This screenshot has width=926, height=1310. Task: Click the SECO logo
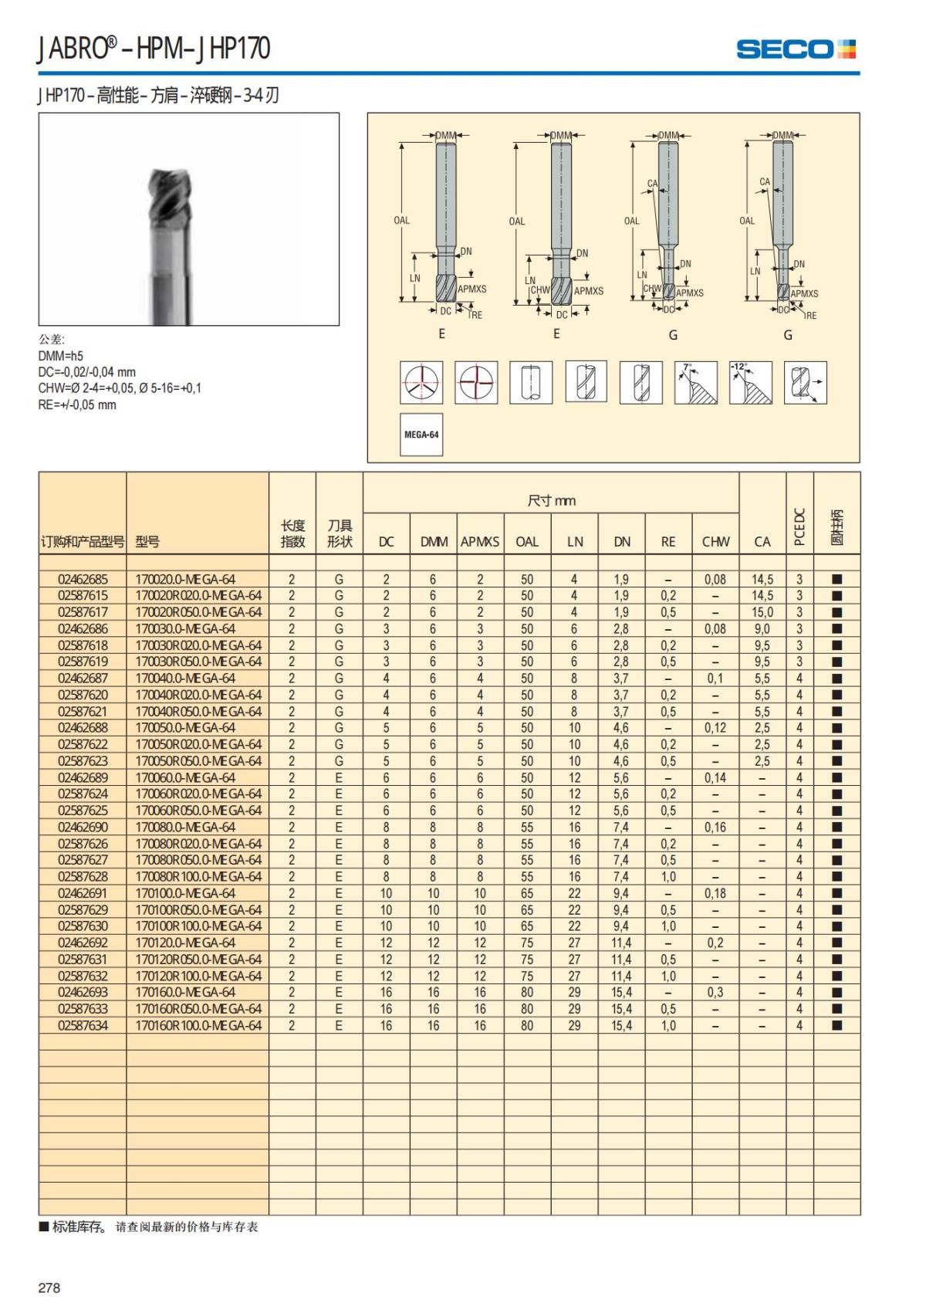point(796,49)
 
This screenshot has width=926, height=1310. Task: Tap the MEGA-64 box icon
point(421,435)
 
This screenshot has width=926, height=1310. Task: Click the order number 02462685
point(83,579)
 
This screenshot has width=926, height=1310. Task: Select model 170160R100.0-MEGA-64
point(198,1025)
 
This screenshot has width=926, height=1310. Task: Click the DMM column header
point(434,542)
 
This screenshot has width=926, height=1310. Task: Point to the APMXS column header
point(480,542)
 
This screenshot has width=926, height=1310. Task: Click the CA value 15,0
point(762,612)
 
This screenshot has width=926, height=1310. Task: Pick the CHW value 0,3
point(715,992)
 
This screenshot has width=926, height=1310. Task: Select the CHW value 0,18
point(715,893)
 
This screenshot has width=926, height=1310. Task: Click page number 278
point(49,1288)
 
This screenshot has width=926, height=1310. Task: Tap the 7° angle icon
point(696,382)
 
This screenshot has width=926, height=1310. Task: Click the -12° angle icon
point(750,382)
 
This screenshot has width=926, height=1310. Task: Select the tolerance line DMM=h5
point(61,356)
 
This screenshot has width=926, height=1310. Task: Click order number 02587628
point(83,876)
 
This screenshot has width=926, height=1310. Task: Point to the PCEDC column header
point(799,526)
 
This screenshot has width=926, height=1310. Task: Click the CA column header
point(762,542)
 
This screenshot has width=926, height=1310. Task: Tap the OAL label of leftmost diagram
point(402,221)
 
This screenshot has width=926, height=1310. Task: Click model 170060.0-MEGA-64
point(185,777)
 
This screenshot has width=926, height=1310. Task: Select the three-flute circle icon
point(421,382)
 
